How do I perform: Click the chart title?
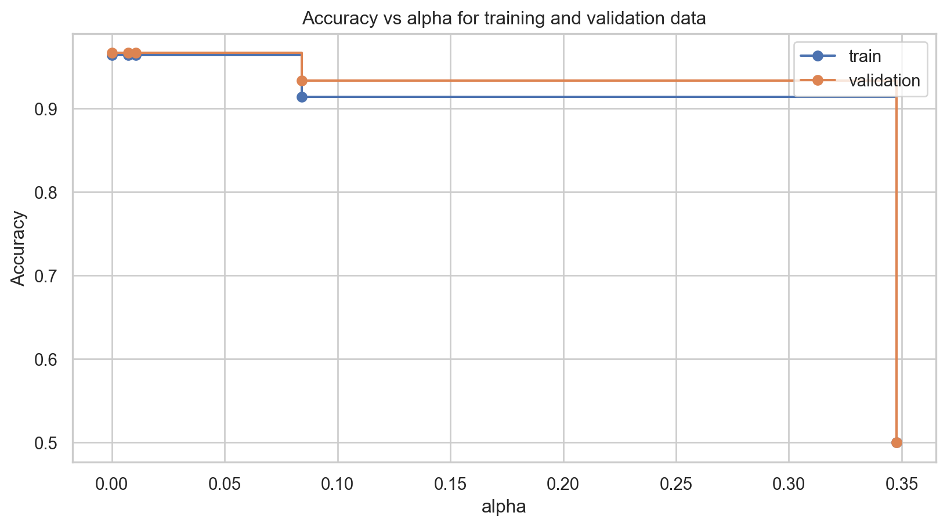point(504,19)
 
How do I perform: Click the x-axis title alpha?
point(504,507)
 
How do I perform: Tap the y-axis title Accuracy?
point(19,248)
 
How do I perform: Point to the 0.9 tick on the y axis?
point(50,109)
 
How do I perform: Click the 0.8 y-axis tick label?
point(50,192)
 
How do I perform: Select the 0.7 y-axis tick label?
point(50,276)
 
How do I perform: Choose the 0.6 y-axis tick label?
point(50,359)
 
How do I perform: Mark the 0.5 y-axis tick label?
point(50,443)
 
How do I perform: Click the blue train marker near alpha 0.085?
point(302,97)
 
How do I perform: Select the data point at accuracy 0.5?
point(897,442)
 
